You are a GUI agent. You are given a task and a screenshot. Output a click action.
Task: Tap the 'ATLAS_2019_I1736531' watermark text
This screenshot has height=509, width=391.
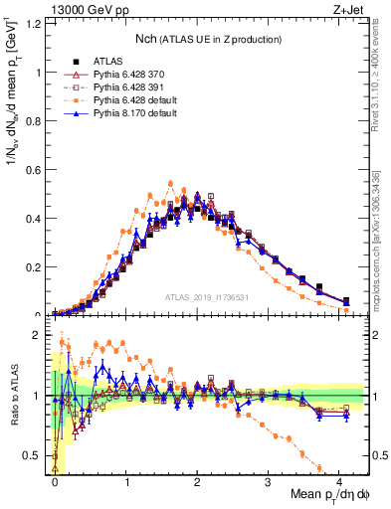coord(207,297)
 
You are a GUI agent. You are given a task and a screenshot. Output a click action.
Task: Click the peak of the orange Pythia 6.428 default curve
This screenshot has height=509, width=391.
coord(171,183)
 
